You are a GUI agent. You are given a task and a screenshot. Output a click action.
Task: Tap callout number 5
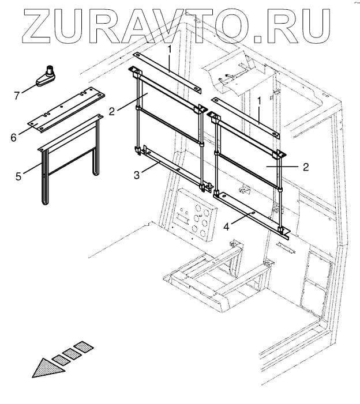(x=18, y=176)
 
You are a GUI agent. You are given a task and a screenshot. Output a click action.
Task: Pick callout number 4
(x=227, y=226)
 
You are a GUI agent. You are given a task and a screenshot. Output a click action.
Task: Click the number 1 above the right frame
(x=260, y=100)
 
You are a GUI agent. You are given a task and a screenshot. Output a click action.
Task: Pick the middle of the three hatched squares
(x=73, y=354)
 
